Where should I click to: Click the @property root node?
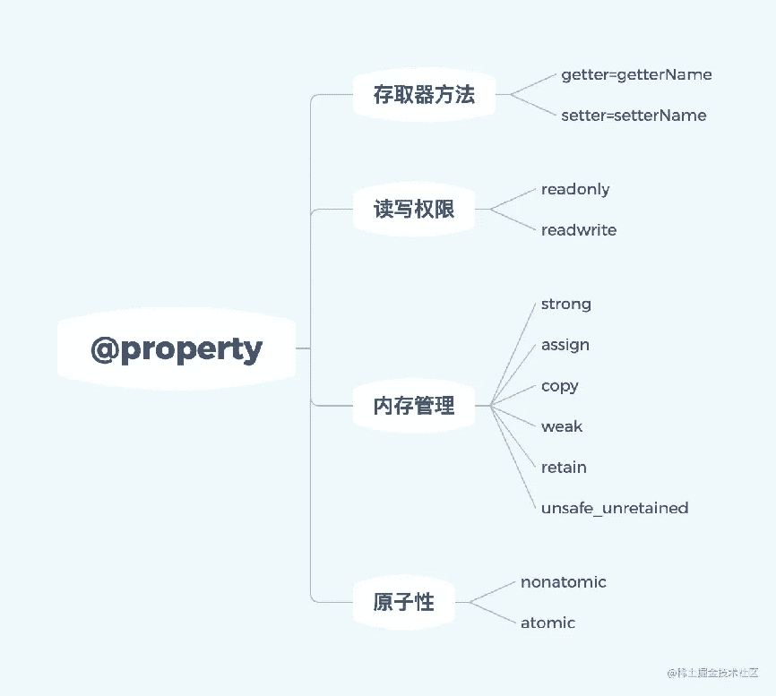[x=177, y=348]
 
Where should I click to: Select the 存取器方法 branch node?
[x=424, y=94]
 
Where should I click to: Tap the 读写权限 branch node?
[x=414, y=209]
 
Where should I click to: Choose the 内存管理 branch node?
[x=414, y=406]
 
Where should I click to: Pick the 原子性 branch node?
[x=404, y=602]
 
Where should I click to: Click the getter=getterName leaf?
[x=636, y=74]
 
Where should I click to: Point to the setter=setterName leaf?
[x=634, y=116]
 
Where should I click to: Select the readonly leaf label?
[x=575, y=190]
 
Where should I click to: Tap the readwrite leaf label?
[x=579, y=229]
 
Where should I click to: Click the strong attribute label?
[x=565, y=305]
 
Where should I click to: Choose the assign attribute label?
[x=565, y=345]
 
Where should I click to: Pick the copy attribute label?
[x=560, y=386]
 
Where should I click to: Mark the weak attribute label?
[x=562, y=426]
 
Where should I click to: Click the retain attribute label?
[x=564, y=467]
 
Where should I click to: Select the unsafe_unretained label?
[x=615, y=508]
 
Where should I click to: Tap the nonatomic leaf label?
[x=564, y=582]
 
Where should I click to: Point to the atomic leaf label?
[x=548, y=623]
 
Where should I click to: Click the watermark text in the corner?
[x=712, y=673]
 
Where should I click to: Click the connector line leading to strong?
[x=513, y=355]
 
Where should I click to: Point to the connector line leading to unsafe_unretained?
[x=513, y=457]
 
